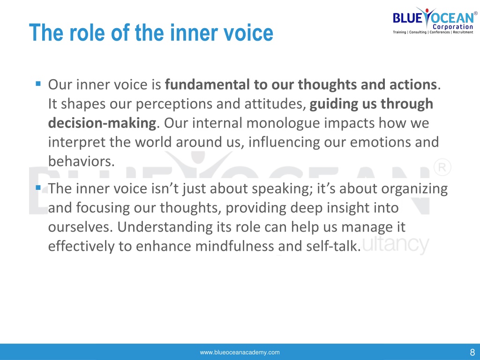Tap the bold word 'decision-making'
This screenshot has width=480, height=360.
(x=102, y=123)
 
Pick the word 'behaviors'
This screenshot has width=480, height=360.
(x=79, y=161)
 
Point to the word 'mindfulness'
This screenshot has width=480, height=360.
(x=234, y=246)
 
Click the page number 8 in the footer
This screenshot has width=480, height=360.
(x=472, y=352)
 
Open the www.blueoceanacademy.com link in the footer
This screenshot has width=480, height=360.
(x=240, y=352)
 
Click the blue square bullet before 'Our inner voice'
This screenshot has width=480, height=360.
(x=38, y=83)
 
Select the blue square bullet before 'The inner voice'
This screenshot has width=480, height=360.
(x=38, y=187)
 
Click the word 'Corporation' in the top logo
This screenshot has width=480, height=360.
(x=453, y=27)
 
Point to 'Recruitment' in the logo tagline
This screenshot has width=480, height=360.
(x=463, y=32)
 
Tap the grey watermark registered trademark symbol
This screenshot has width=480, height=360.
(x=442, y=167)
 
